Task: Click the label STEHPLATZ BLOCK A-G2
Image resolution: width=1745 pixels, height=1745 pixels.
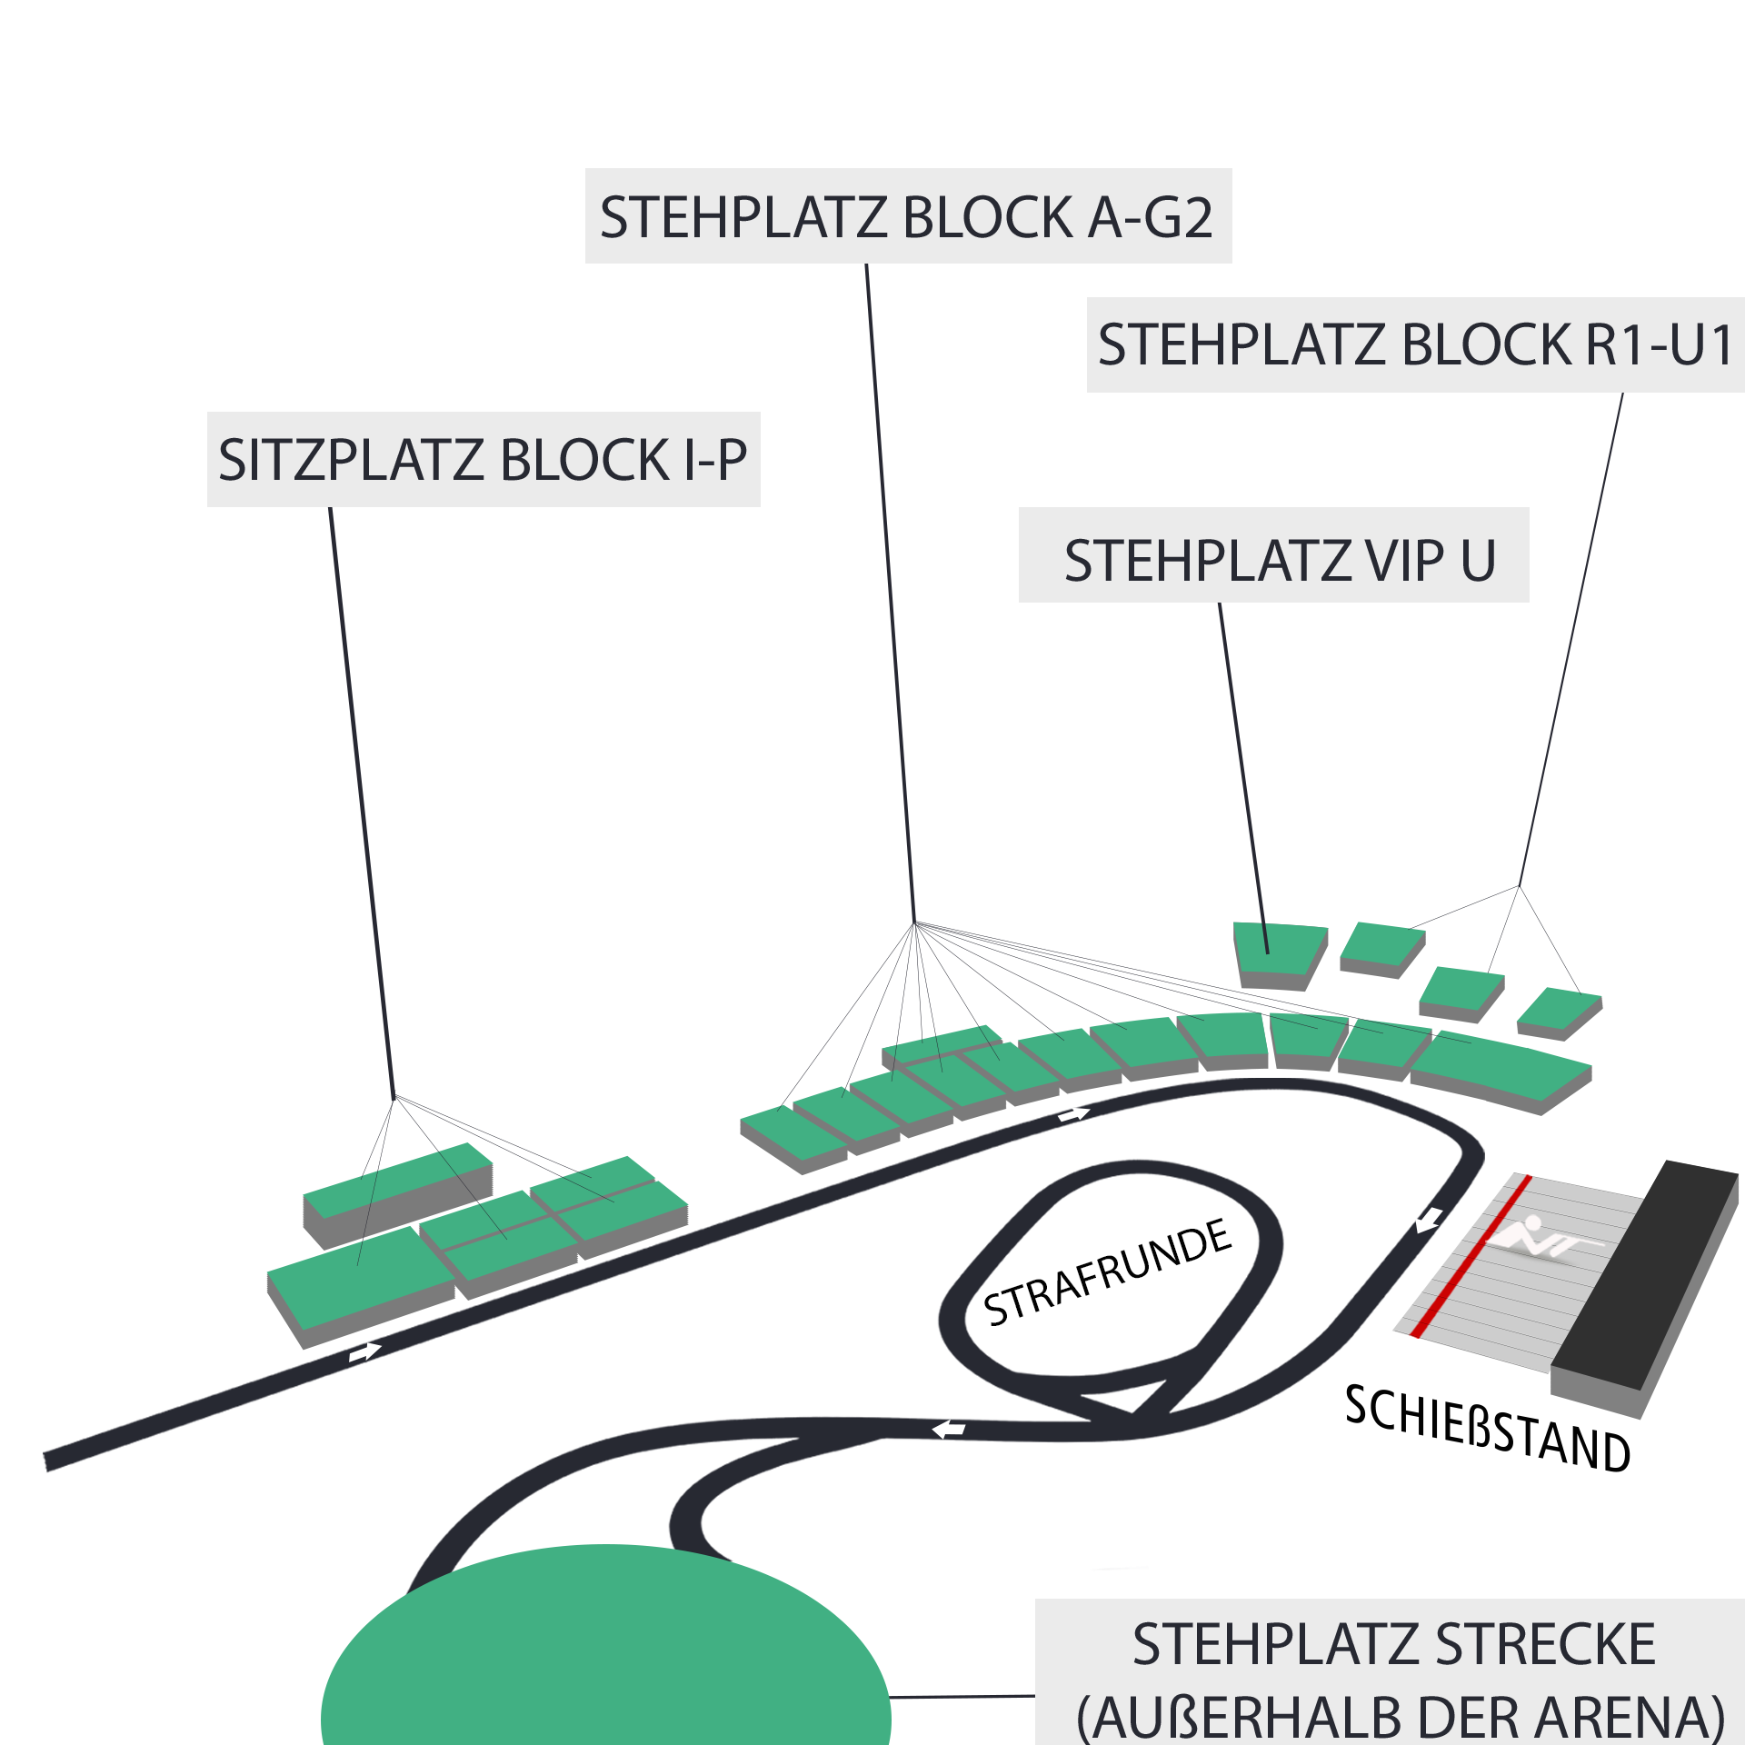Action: tap(907, 216)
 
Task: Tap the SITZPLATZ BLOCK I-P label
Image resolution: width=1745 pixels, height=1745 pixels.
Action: tap(483, 459)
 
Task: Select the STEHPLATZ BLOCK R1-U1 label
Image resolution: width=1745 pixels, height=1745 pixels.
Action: tap(1415, 344)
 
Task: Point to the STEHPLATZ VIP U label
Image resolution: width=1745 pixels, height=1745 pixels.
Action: tap(1280, 560)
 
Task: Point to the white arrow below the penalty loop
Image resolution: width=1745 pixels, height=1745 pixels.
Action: tap(949, 1431)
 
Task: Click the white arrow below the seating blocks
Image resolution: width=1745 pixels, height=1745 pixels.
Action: tap(364, 1351)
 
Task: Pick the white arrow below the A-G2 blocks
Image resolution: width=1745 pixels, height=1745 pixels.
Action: tap(1073, 1114)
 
